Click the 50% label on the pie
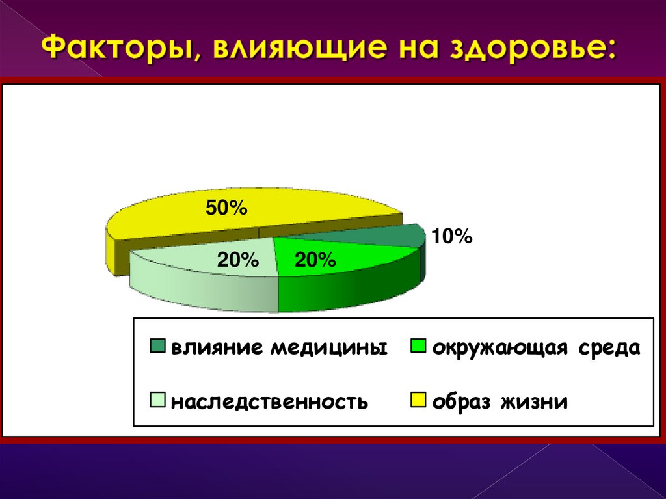pos(226,208)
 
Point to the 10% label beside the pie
pos(452,236)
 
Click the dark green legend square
pos(158,346)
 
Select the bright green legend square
pos(418,346)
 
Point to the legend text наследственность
pos(269,401)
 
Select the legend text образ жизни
pos(499,401)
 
